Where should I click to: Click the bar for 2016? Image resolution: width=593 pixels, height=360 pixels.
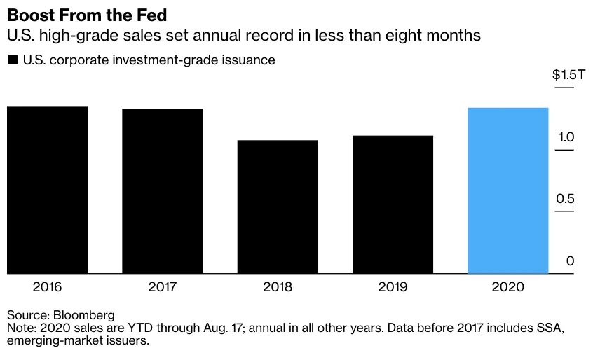(x=47, y=190)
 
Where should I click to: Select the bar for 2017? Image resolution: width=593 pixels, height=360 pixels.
(x=162, y=191)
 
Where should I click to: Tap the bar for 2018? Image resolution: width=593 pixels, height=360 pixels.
(x=278, y=207)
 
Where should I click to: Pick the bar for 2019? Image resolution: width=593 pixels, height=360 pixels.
(x=393, y=205)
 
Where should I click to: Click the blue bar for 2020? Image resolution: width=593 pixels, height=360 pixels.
(x=507, y=191)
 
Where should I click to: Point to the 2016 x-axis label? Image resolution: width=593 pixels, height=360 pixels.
(x=47, y=286)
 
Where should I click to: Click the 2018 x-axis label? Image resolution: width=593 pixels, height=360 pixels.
(x=278, y=286)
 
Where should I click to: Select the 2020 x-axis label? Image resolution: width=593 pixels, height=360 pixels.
(x=507, y=286)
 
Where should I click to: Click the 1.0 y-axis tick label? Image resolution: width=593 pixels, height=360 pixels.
(x=566, y=137)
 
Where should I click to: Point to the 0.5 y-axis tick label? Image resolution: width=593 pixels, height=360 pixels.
(x=565, y=199)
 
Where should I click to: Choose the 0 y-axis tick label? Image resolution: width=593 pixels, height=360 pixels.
(x=570, y=261)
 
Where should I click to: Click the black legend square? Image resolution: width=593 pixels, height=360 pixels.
(x=13, y=60)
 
